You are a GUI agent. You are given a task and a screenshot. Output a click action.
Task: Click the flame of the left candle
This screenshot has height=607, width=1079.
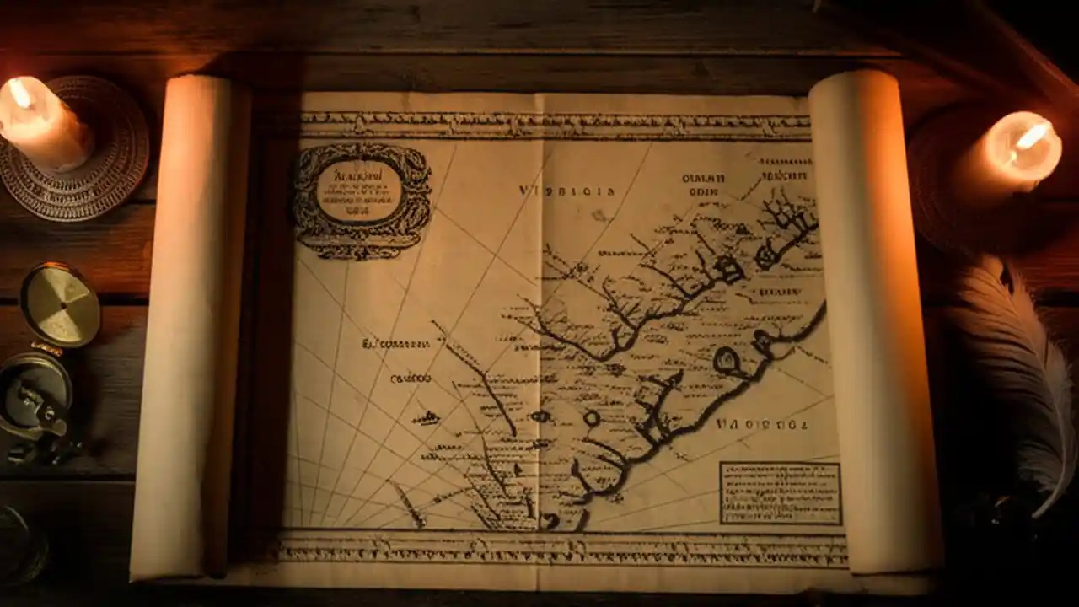point(19,93)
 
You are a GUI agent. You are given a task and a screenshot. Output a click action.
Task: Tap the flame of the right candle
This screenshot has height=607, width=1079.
point(1031,136)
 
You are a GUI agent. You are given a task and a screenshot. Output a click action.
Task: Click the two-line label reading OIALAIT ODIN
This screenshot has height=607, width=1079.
point(703,185)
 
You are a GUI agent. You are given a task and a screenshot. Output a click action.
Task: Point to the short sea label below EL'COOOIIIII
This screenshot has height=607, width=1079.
point(411,379)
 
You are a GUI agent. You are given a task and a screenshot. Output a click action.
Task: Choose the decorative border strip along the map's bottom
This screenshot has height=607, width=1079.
point(561,550)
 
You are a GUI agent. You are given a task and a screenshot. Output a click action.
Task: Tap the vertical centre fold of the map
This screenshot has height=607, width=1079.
point(540,337)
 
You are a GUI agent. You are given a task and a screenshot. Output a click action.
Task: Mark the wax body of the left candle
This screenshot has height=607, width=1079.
point(46,131)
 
